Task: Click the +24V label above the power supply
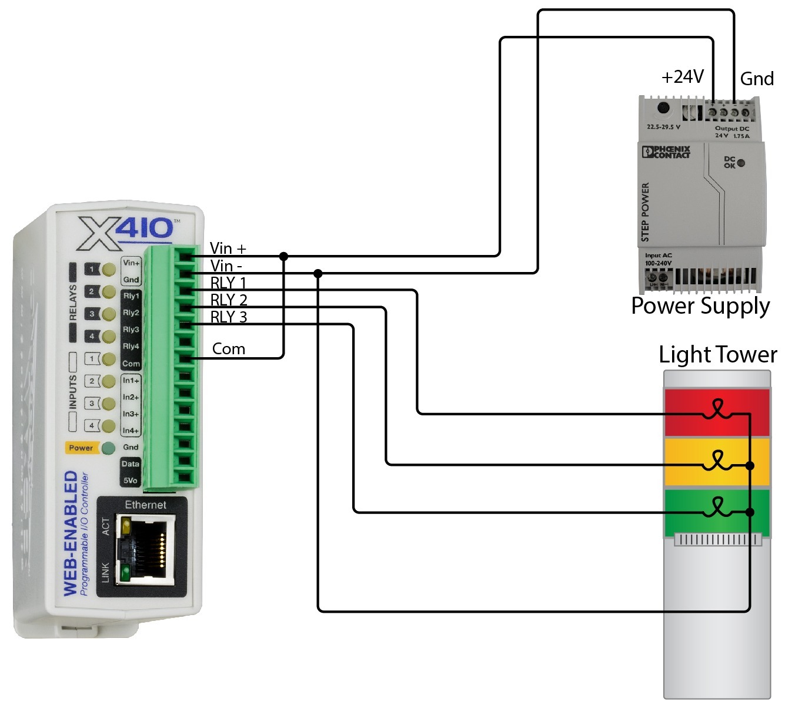click(682, 77)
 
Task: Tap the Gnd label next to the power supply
click(756, 79)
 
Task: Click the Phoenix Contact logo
click(666, 152)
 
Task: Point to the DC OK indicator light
click(741, 163)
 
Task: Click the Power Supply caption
click(700, 306)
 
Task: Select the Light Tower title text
click(717, 355)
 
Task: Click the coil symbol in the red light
click(717, 409)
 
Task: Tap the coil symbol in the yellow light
click(717, 461)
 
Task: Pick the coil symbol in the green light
click(717, 508)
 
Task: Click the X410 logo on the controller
click(126, 233)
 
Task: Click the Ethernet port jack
click(146, 549)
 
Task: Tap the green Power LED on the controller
click(108, 448)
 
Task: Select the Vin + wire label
click(228, 248)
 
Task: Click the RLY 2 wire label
click(229, 300)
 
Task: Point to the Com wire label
click(228, 349)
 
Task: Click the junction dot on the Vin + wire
click(283, 256)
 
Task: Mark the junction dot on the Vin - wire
click(318, 273)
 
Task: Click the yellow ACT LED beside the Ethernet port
click(125, 527)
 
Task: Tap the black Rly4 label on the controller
click(131, 347)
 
